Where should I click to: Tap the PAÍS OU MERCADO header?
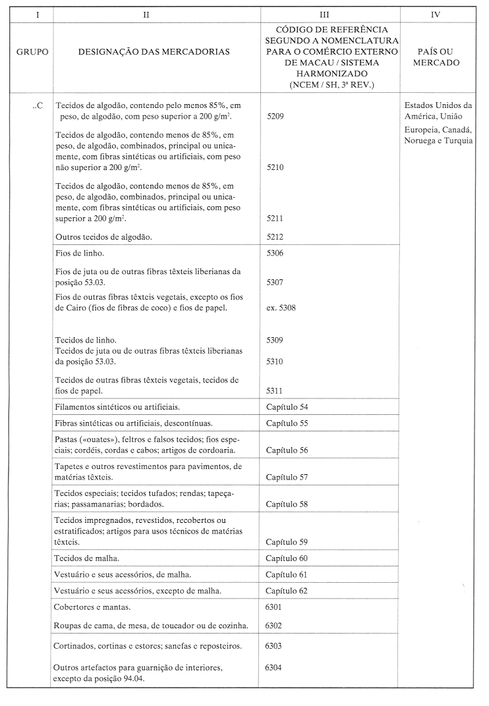point(439,57)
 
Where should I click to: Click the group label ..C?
point(38,105)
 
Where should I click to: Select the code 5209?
point(275,116)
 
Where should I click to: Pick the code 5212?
point(275,236)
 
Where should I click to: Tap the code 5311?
point(275,391)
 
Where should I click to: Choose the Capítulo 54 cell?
point(287,407)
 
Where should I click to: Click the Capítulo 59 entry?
point(287,543)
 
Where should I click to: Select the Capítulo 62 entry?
point(287,591)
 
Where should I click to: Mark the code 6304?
point(273,667)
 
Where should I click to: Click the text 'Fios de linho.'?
point(80,253)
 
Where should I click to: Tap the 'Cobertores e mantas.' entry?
point(93,607)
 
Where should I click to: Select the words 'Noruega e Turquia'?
point(438,141)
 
